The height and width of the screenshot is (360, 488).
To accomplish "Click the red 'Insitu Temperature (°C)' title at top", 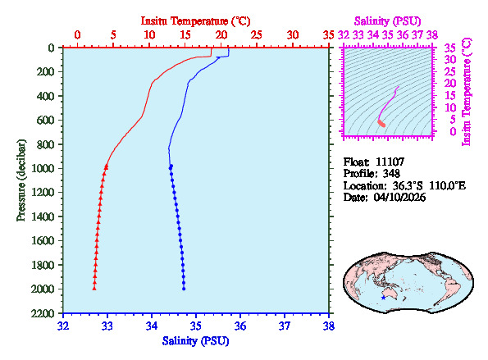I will [x=195, y=19].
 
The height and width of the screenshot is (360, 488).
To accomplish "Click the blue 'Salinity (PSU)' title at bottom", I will [x=195, y=340].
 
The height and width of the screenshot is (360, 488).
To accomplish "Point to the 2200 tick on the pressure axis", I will [x=43, y=314].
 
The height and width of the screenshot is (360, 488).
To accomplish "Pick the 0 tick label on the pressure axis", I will [x=52, y=48].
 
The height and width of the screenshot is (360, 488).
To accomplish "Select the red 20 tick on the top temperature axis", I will [x=221, y=35].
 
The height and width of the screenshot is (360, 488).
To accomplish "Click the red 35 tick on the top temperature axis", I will [x=328, y=35].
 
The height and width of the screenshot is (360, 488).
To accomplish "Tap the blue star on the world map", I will [x=383, y=297].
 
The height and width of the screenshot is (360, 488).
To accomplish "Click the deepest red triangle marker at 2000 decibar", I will [x=94, y=288].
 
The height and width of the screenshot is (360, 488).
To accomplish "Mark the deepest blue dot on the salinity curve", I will [x=184, y=289].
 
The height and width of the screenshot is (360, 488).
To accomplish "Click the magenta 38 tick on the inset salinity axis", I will [x=431, y=35].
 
